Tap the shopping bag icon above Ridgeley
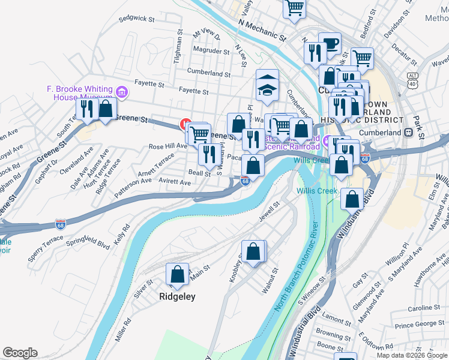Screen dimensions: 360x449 pos(178,275)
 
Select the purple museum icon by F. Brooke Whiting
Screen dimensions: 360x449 pos(122,92)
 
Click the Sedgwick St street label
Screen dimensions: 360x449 pos(136,19)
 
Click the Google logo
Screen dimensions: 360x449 pos(20,353)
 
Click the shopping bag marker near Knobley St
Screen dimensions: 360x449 pos(253,251)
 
